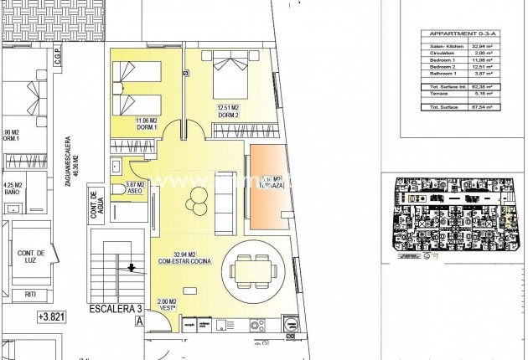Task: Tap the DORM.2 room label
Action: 229,111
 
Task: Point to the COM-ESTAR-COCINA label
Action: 184,259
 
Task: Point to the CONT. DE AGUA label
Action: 96,207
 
